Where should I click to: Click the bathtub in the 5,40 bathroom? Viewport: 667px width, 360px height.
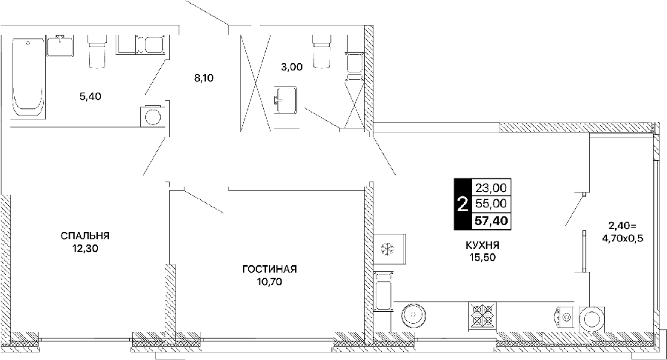(28, 76)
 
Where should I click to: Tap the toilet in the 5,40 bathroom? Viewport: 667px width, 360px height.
(96, 51)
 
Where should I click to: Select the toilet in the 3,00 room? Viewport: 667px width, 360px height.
(321, 51)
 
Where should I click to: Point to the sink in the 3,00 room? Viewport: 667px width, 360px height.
(285, 100)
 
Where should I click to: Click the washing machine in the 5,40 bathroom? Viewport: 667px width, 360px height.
(152, 116)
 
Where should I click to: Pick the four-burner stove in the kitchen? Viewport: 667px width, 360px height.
(482, 315)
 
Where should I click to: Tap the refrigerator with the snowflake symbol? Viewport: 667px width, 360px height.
(389, 249)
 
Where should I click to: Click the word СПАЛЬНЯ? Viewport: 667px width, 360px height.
(85, 236)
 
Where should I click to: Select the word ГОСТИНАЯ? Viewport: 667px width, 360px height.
(270, 269)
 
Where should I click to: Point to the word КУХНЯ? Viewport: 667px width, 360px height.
(482, 245)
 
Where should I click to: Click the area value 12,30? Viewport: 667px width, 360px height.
(85, 249)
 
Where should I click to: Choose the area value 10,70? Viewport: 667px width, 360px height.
(270, 281)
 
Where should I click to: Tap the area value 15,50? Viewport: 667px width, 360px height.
(482, 257)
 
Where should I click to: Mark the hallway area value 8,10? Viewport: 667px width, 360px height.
(204, 79)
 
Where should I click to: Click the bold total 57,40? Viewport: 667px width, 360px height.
(491, 221)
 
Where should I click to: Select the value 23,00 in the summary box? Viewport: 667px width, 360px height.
(491, 187)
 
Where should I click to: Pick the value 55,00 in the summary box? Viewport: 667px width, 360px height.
(491, 204)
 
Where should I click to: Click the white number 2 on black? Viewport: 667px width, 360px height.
(462, 204)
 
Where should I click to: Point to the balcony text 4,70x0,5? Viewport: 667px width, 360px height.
(623, 239)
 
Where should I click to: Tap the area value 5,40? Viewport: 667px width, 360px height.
(90, 96)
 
